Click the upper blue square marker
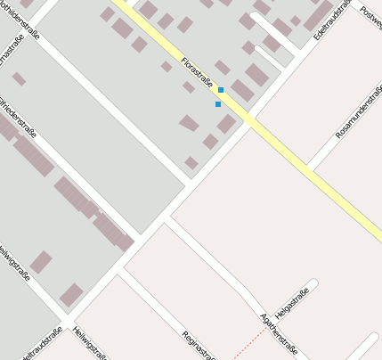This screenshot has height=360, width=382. (221, 90)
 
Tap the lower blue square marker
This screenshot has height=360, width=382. (218, 104)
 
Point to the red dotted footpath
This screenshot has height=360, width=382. (250, 342)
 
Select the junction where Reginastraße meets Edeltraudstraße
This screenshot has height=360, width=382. (122, 266)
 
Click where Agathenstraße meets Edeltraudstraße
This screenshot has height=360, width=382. (167, 217)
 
